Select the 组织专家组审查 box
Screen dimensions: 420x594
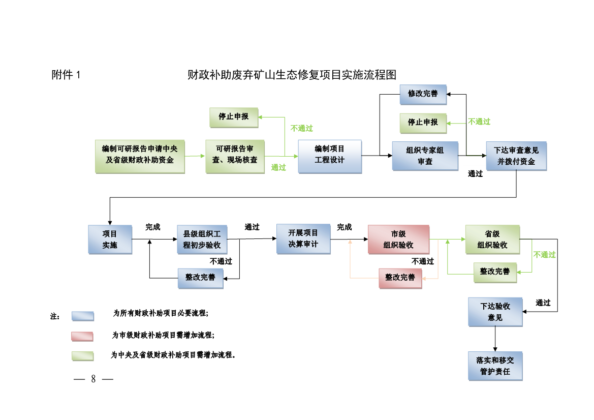point(425,156)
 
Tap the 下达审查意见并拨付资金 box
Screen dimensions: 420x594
point(516,156)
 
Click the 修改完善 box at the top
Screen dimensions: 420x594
point(423,94)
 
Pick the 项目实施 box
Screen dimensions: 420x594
point(110,239)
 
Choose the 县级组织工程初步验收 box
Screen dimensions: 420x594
point(202,239)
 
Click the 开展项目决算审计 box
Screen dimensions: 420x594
point(303,238)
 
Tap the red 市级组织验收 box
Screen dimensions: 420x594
point(398,239)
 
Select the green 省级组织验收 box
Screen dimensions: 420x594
point(492,239)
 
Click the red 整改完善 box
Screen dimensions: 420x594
point(400,278)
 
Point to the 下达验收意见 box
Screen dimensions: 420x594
point(495,312)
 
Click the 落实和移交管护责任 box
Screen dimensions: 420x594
point(495,366)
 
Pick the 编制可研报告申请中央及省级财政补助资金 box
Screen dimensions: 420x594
point(140,156)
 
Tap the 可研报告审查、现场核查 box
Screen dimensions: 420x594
point(235,156)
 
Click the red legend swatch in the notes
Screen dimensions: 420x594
point(82,336)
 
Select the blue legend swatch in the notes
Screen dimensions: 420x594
point(82,316)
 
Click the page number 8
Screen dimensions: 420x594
point(93,379)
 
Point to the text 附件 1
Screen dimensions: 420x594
point(66,75)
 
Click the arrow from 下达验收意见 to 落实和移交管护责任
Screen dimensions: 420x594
point(495,339)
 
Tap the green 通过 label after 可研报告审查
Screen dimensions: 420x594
point(278,167)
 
